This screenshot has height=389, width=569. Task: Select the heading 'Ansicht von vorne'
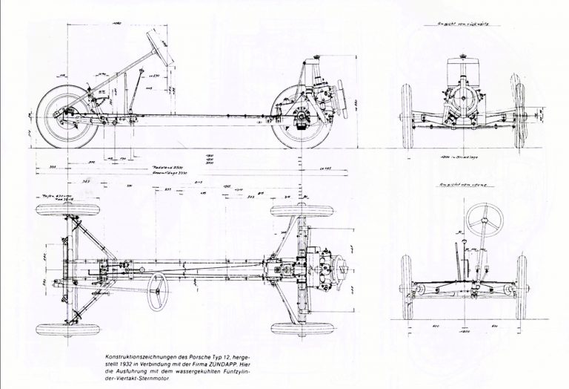[462, 183]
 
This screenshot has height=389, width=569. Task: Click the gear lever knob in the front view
[460, 240]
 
